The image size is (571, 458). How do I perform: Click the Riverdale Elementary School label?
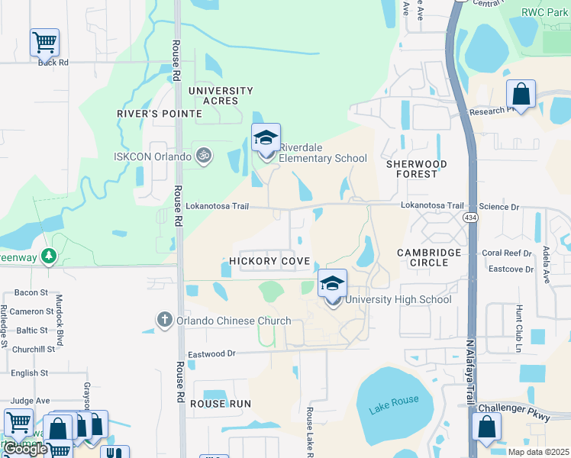(x=322, y=153)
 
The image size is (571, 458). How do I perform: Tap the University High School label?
(x=398, y=299)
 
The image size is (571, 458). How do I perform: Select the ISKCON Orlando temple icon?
(x=203, y=156)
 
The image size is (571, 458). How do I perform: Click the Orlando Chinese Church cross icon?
(x=164, y=320)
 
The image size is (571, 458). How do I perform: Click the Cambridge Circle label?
(x=429, y=257)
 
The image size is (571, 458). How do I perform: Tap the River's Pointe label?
(x=159, y=114)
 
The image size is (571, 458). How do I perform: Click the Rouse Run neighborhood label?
(x=221, y=403)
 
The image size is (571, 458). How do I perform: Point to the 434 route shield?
(x=470, y=218)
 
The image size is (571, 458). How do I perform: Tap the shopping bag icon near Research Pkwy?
(x=521, y=95)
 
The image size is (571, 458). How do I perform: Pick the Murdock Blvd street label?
(x=59, y=314)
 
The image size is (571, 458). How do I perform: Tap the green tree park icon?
(x=50, y=255)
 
